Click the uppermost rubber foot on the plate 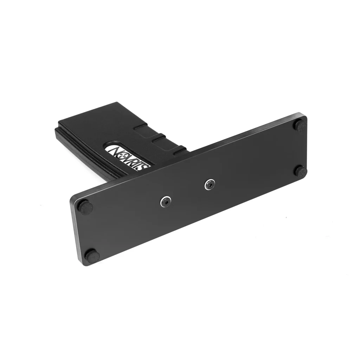coord(300,125)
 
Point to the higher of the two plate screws coord(210,184)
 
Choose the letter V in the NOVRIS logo coord(128,158)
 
